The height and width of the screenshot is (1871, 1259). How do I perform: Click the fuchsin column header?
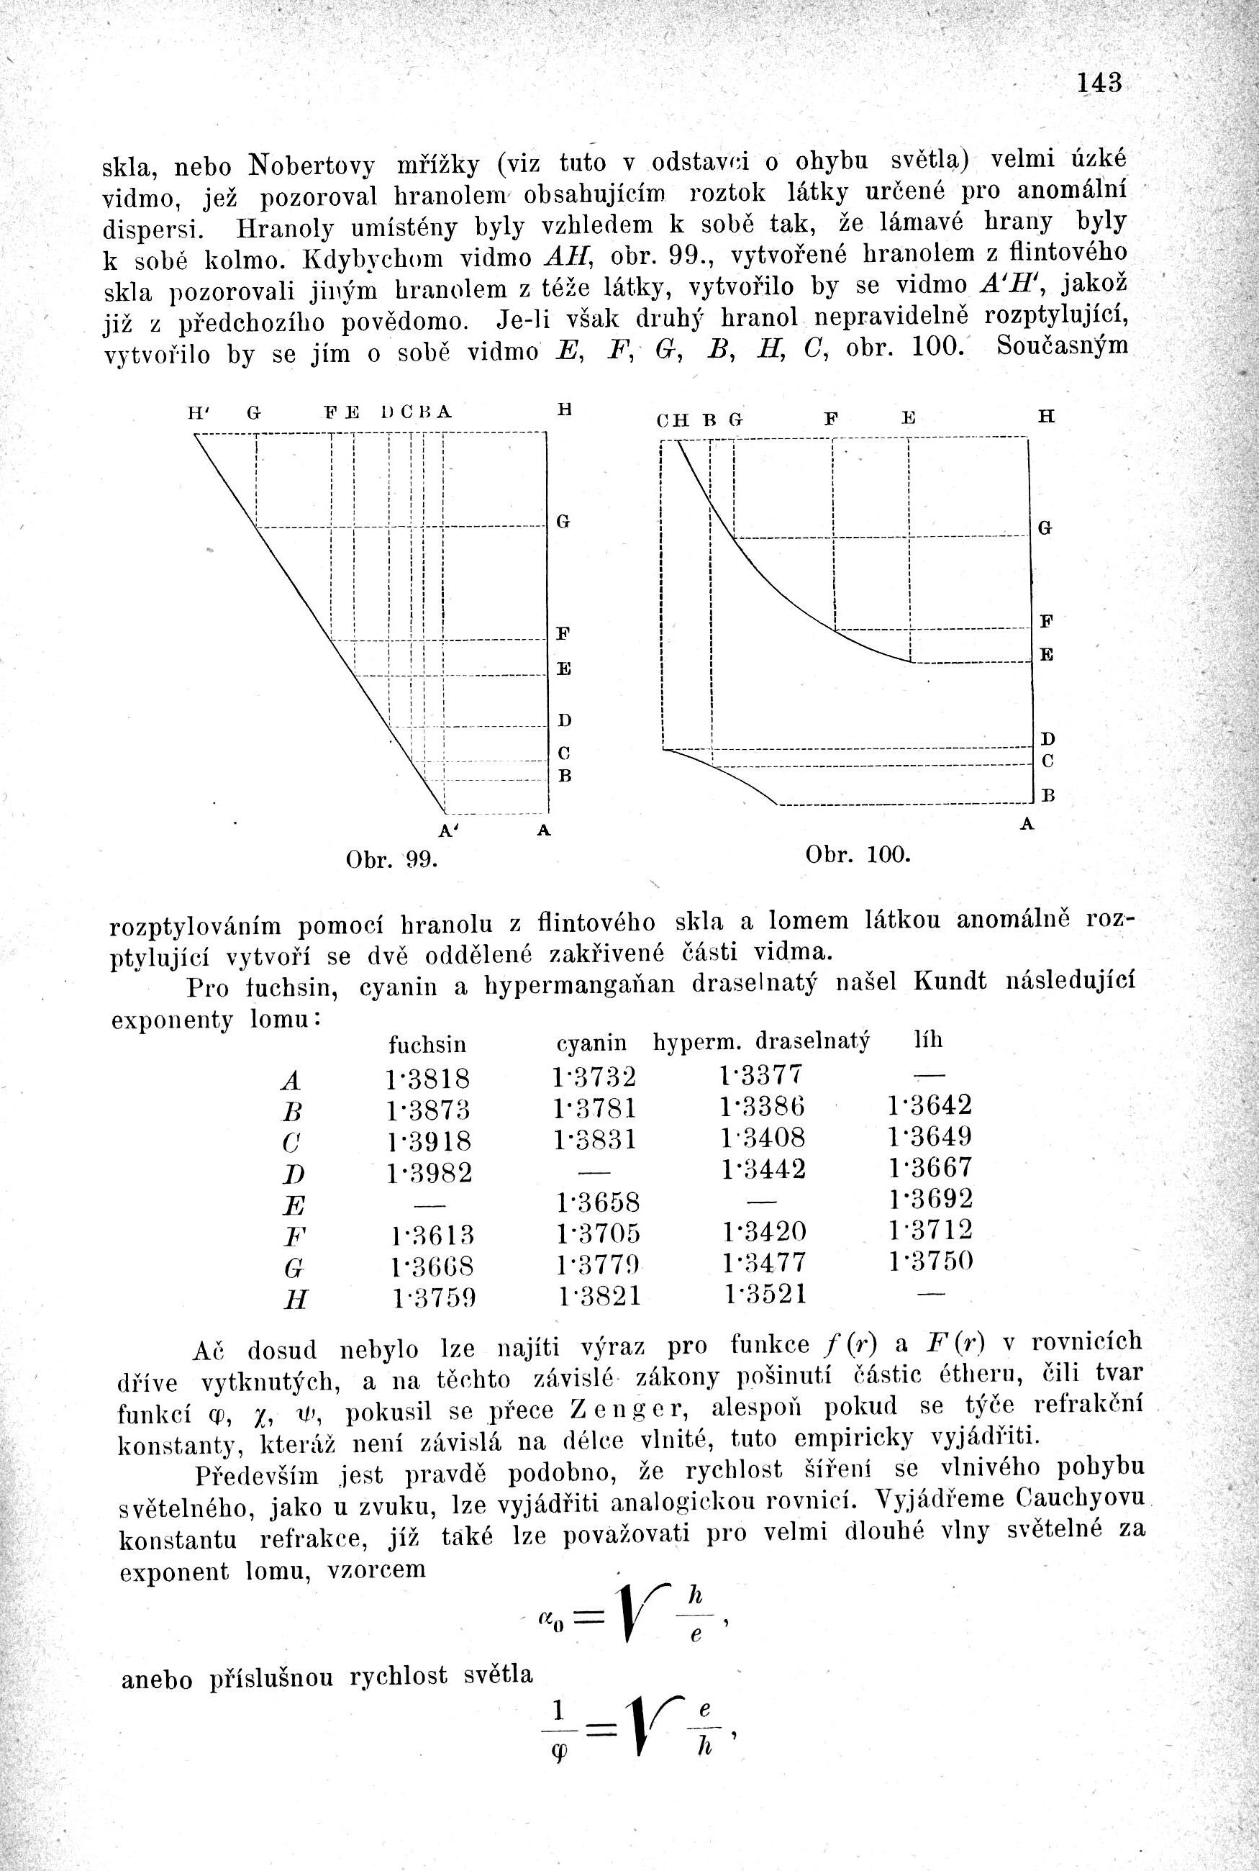pyautogui.click(x=427, y=1044)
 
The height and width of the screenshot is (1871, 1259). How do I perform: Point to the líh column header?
pyautogui.click(x=928, y=1040)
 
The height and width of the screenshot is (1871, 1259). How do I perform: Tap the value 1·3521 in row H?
pyautogui.click(x=764, y=1295)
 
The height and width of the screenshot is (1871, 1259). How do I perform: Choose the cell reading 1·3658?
pyautogui.click(x=597, y=1202)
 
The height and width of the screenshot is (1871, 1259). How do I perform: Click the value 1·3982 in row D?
pyautogui.click(x=429, y=1173)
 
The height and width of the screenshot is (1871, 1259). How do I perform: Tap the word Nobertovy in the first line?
pyautogui.click(x=312, y=165)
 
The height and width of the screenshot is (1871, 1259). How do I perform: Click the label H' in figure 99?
pyautogui.click(x=196, y=414)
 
